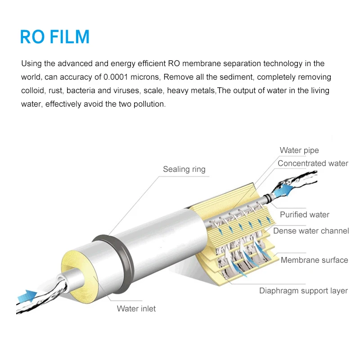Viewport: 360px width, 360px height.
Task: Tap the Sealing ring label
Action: click(x=184, y=169)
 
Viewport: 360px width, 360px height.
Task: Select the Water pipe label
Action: click(x=299, y=150)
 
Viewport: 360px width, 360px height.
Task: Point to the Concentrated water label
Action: click(x=313, y=163)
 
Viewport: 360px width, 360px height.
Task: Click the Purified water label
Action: click(x=305, y=215)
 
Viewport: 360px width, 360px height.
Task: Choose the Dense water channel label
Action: click(x=311, y=231)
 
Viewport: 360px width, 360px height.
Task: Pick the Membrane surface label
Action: click(x=314, y=260)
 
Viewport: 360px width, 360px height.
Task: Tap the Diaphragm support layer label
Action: click(x=303, y=291)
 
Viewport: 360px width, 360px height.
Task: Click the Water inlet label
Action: click(x=136, y=309)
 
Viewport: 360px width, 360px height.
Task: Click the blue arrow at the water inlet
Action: click(x=28, y=296)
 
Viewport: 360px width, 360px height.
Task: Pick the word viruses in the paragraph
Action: click(x=126, y=90)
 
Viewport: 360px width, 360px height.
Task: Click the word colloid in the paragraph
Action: click(x=32, y=90)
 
